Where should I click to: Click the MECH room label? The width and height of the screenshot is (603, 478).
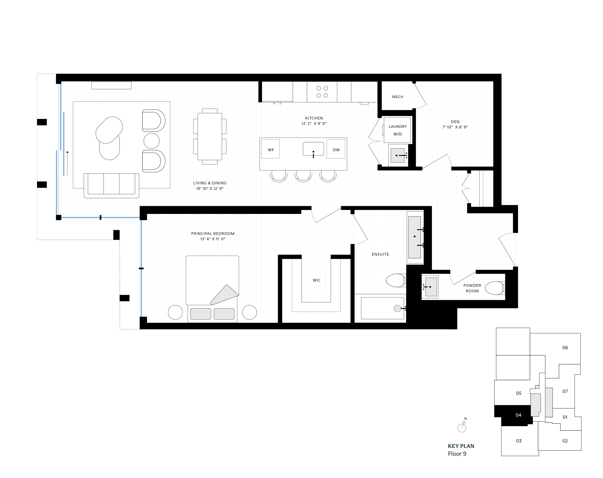pos(397,97)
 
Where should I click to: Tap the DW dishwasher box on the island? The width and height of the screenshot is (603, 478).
pos(336,150)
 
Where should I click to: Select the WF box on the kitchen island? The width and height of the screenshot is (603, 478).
pos(270,150)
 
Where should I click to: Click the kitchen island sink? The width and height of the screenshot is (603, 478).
pos(313,149)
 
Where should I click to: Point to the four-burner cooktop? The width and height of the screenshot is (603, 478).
pos(322,92)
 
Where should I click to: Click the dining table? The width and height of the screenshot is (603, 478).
pos(210,136)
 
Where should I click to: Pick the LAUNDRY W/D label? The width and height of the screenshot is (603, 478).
pos(397,130)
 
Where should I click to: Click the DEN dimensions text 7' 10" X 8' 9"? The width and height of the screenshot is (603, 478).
pos(455,127)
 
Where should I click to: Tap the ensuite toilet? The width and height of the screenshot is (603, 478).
pos(395,280)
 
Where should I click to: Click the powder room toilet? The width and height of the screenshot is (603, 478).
pos(494,288)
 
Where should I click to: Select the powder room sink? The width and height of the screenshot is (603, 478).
pos(431,287)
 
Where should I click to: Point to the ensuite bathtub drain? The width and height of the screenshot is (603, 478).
pos(397,309)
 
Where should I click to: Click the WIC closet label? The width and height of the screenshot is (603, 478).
pos(317,280)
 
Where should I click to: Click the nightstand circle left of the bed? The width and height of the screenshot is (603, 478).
pos(175,312)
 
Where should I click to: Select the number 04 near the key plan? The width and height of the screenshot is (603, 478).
pos(518,415)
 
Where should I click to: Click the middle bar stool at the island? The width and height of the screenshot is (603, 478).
pos(303,175)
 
